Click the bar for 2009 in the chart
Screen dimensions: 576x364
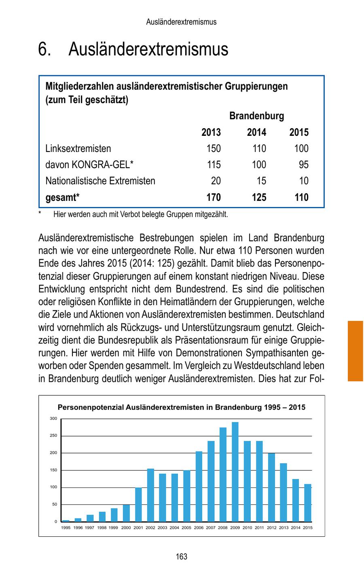click(235, 472)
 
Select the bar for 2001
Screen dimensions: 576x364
click(138, 504)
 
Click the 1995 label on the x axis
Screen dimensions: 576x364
click(66, 528)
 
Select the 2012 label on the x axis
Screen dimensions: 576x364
click(272, 528)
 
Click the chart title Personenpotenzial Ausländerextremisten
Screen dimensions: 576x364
click(181, 407)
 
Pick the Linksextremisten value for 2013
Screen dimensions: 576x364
click(214, 148)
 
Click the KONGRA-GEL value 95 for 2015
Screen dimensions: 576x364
click(303, 165)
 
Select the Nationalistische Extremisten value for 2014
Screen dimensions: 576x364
click(261, 181)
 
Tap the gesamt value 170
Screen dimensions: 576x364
click(214, 197)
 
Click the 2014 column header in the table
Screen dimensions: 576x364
click(257, 132)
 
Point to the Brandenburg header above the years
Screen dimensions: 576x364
click(256, 116)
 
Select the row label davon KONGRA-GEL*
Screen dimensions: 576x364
click(89, 165)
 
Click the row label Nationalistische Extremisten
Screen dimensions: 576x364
click(100, 181)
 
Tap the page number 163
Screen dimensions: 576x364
click(182, 557)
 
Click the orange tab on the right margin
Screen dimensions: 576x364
click(355, 350)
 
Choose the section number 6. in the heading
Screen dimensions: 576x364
click(44, 49)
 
